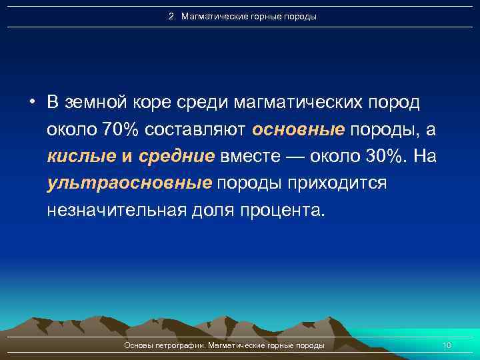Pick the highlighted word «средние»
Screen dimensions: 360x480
coord(177,156)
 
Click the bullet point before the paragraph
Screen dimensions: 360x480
coord(31,102)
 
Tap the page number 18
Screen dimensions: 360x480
coord(447,345)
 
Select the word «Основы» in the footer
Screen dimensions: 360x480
coord(138,345)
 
